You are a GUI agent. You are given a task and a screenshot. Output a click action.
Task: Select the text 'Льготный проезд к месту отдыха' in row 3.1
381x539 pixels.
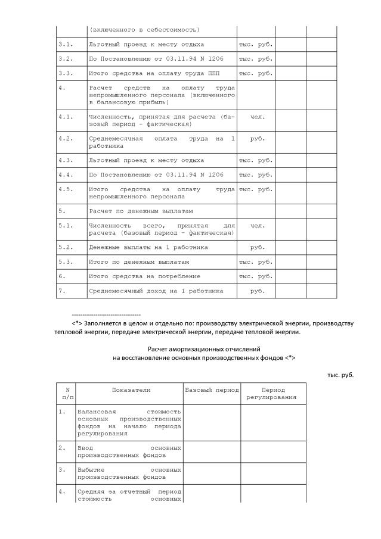tap(146, 44)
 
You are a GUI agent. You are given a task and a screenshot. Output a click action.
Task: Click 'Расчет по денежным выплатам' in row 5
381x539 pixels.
tap(141, 211)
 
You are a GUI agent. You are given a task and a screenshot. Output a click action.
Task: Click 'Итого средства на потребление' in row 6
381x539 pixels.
tap(144, 276)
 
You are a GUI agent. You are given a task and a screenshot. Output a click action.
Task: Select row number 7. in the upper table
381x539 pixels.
tap(61, 291)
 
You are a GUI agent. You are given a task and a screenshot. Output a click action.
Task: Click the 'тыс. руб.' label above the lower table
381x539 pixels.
tap(340, 375)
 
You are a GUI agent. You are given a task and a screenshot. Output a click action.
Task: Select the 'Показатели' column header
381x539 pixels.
tap(131, 390)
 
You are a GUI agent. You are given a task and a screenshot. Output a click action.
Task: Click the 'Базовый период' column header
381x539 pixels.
tap(212, 390)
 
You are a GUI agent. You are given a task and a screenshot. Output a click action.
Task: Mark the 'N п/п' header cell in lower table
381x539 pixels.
tap(67, 393)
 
